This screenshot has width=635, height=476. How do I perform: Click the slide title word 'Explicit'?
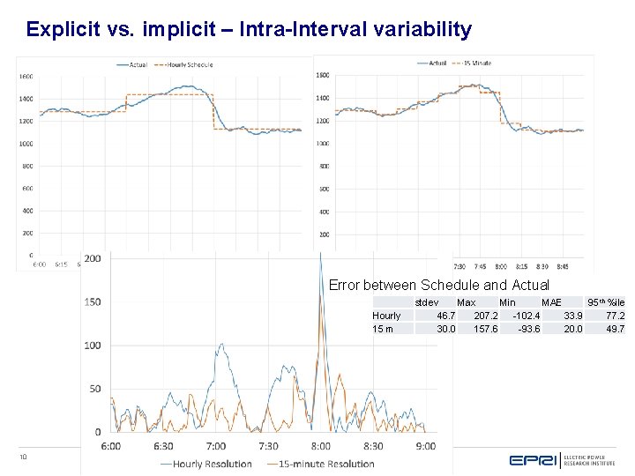tap(57, 29)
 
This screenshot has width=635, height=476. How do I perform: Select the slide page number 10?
tap(24, 457)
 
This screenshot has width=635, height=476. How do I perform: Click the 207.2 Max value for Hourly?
tap(485, 316)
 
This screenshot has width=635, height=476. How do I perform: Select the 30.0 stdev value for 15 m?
tap(446, 329)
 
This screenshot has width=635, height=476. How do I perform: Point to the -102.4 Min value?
tap(527, 316)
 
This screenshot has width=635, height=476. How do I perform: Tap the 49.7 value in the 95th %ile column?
tap(615, 329)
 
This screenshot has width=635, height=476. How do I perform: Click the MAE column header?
tap(551, 302)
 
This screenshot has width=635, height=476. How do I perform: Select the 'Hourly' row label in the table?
tap(386, 316)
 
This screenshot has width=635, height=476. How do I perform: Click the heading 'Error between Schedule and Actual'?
tap(438, 285)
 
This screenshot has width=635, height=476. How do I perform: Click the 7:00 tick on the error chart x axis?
tap(215, 446)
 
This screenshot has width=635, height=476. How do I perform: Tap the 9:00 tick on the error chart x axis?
tap(425, 446)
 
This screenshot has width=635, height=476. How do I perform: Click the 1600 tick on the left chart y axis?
tap(26, 75)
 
